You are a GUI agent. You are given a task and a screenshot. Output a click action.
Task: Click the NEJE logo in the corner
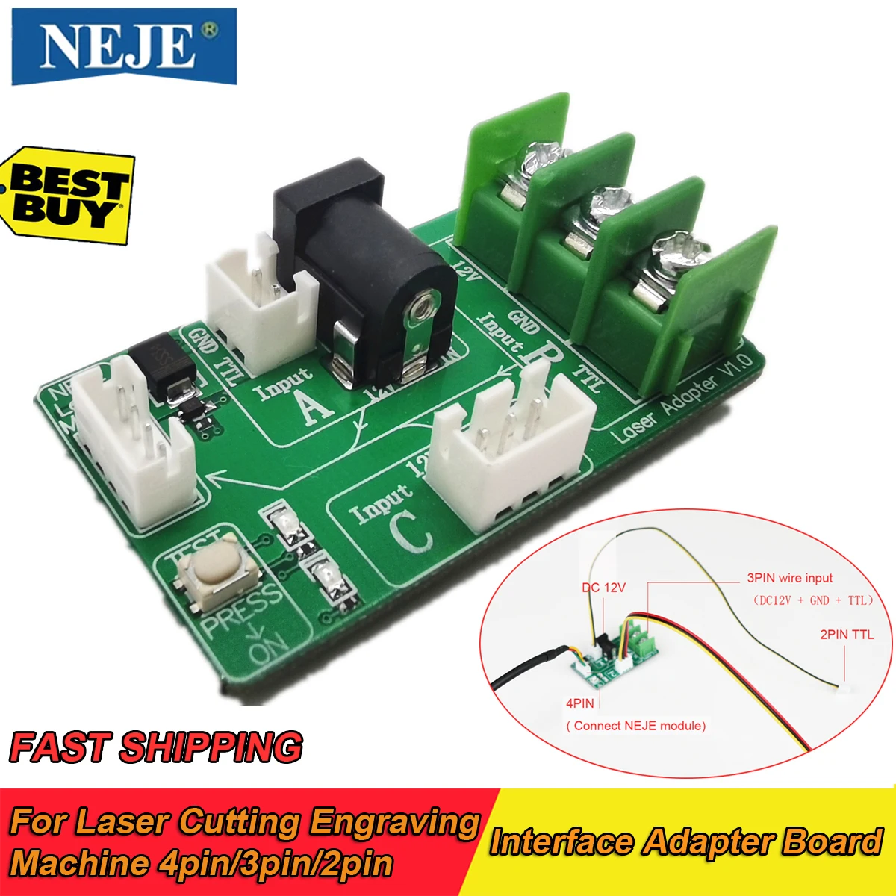[x=124, y=46]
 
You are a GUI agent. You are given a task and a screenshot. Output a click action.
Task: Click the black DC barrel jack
[x=366, y=276]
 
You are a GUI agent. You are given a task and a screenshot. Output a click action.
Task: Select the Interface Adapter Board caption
[x=686, y=842]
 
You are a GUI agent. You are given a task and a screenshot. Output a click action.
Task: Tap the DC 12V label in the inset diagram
[x=603, y=588]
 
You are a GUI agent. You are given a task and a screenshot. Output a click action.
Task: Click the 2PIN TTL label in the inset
[x=846, y=635]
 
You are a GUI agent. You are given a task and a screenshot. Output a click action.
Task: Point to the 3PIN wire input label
[x=789, y=578]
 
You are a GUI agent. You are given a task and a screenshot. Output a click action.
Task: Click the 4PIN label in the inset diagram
[x=580, y=703]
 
